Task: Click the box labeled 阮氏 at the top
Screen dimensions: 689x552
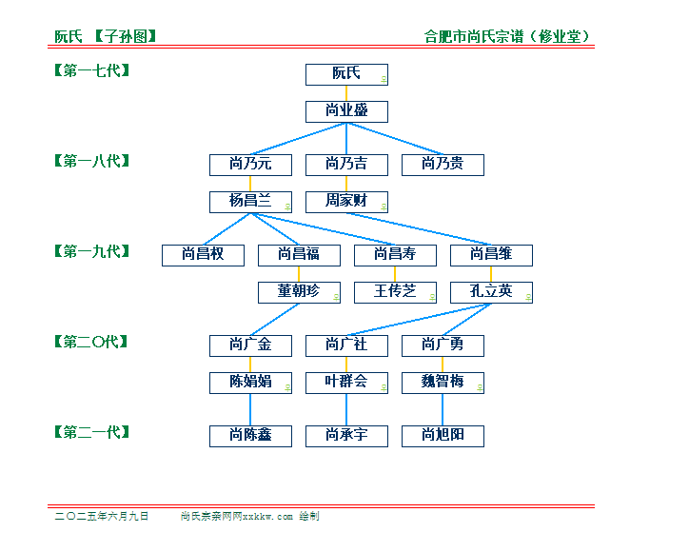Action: point(346,75)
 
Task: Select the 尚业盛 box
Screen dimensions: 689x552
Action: point(346,111)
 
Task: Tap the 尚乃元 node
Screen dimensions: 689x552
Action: point(250,165)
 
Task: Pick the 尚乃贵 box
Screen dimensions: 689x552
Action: point(443,165)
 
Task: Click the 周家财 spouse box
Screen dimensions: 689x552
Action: point(346,202)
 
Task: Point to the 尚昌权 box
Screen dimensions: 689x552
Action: point(203,255)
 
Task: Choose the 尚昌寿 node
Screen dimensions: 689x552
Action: point(396,255)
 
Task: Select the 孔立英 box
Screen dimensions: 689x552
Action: point(491,293)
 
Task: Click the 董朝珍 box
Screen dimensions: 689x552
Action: point(299,293)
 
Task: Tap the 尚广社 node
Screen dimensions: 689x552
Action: point(346,345)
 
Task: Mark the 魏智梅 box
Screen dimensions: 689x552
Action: point(443,384)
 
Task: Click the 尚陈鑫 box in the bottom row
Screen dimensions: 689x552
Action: point(250,437)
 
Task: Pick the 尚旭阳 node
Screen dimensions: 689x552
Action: point(443,437)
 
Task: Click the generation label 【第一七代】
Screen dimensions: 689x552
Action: point(92,70)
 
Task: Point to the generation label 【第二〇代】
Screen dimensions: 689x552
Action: point(91,342)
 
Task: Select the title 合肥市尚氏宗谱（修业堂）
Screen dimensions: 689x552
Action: point(506,36)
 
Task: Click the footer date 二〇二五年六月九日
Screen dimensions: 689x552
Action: point(102,516)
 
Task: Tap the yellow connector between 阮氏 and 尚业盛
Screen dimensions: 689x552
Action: point(346,93)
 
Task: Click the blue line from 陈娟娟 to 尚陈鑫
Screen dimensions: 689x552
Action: point(250,409)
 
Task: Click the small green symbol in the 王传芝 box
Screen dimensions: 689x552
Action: point(432,298)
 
